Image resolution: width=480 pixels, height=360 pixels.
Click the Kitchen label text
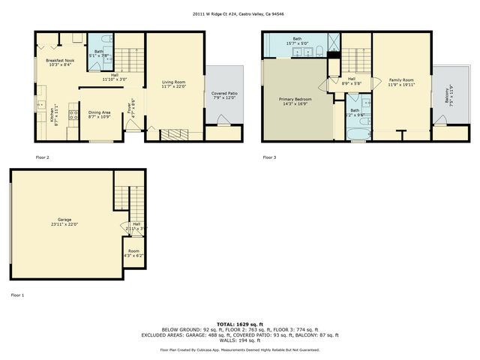click(52, 114)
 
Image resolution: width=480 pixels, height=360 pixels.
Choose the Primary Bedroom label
click(295, 101)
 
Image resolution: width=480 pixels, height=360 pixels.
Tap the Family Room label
click(400, 82)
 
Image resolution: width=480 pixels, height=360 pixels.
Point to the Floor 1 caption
click(17, 295)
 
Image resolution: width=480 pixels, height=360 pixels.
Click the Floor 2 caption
click(42, 157)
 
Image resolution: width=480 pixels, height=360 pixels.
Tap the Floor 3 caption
click(268, 157)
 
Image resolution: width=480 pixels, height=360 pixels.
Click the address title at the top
click(240, 13)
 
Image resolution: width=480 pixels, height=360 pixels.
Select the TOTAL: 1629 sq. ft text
click(239, 322)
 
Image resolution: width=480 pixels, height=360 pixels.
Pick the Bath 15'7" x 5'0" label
click(297, 41)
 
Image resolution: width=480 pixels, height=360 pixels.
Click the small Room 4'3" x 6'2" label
click(133, 253)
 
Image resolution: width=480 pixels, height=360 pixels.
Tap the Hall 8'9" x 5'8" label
click(351, 81)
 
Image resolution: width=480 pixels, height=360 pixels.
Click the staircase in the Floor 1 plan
click(124, 198)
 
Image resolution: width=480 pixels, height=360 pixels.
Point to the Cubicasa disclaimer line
click(239, 349)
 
